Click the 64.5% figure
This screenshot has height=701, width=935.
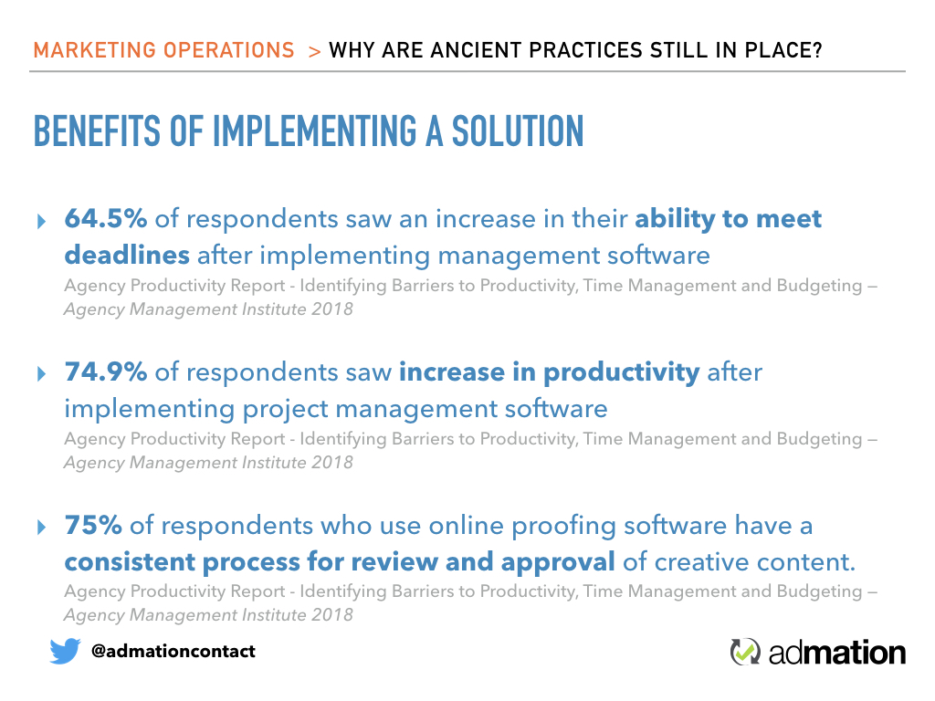point(106,218)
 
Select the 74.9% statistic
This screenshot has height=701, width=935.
point(106,371)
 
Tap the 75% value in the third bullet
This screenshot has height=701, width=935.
point(93,525)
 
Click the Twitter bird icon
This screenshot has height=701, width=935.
point(65,651)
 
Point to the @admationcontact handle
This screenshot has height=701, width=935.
point(173,651)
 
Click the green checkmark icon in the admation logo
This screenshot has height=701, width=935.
point(745,652)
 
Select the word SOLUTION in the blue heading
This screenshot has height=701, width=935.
point(518,131)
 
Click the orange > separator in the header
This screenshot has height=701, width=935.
point(315,52)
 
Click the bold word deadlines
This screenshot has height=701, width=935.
point(127,255)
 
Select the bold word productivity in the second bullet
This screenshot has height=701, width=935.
point(621,373)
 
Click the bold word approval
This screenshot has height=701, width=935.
point(558,562)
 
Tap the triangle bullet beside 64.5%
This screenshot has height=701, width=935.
point(41,222)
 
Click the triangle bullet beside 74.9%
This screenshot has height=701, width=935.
point(41,374)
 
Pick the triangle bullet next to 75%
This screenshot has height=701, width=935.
point(41,528)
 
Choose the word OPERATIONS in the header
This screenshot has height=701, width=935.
point(229,50)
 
